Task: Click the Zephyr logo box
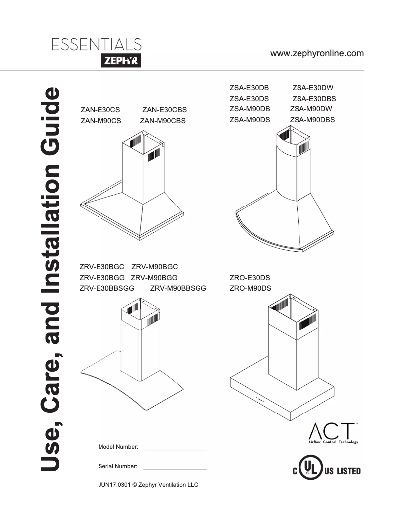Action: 121,61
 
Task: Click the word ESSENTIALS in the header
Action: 96,45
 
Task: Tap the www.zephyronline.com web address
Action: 316,53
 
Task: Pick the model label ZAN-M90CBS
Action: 163,120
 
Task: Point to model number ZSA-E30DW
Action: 312,88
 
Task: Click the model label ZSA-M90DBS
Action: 312,119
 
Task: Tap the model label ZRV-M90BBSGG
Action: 178,288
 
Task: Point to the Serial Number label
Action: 118,467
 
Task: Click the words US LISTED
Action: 342,471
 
